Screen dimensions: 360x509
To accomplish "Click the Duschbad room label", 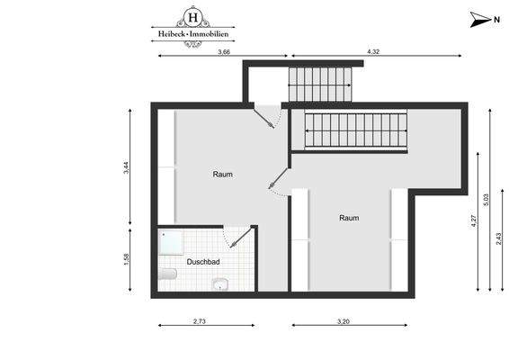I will click(201, 262).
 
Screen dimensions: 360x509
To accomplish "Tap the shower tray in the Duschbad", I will click(170, 243).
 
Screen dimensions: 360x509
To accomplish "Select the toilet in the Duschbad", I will click(166, 274).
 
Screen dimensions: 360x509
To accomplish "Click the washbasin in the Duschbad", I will click(219, 284).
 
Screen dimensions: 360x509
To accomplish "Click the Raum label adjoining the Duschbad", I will click(223, 174).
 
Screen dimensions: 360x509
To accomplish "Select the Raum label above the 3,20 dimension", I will click(350, 218).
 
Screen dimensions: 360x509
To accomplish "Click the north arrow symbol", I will click(479, 17).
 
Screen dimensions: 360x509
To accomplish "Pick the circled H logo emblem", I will click(192, 17).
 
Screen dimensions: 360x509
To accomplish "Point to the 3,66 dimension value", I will click(223, 52).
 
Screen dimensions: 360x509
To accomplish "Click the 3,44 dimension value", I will click(126, 166).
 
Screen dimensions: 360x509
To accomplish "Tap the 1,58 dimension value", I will click(126, 259).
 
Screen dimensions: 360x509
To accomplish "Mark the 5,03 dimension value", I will click(486, 200).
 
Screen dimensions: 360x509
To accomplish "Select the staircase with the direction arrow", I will click(355, 131).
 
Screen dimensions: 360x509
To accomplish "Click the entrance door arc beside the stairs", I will click(268, 120).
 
